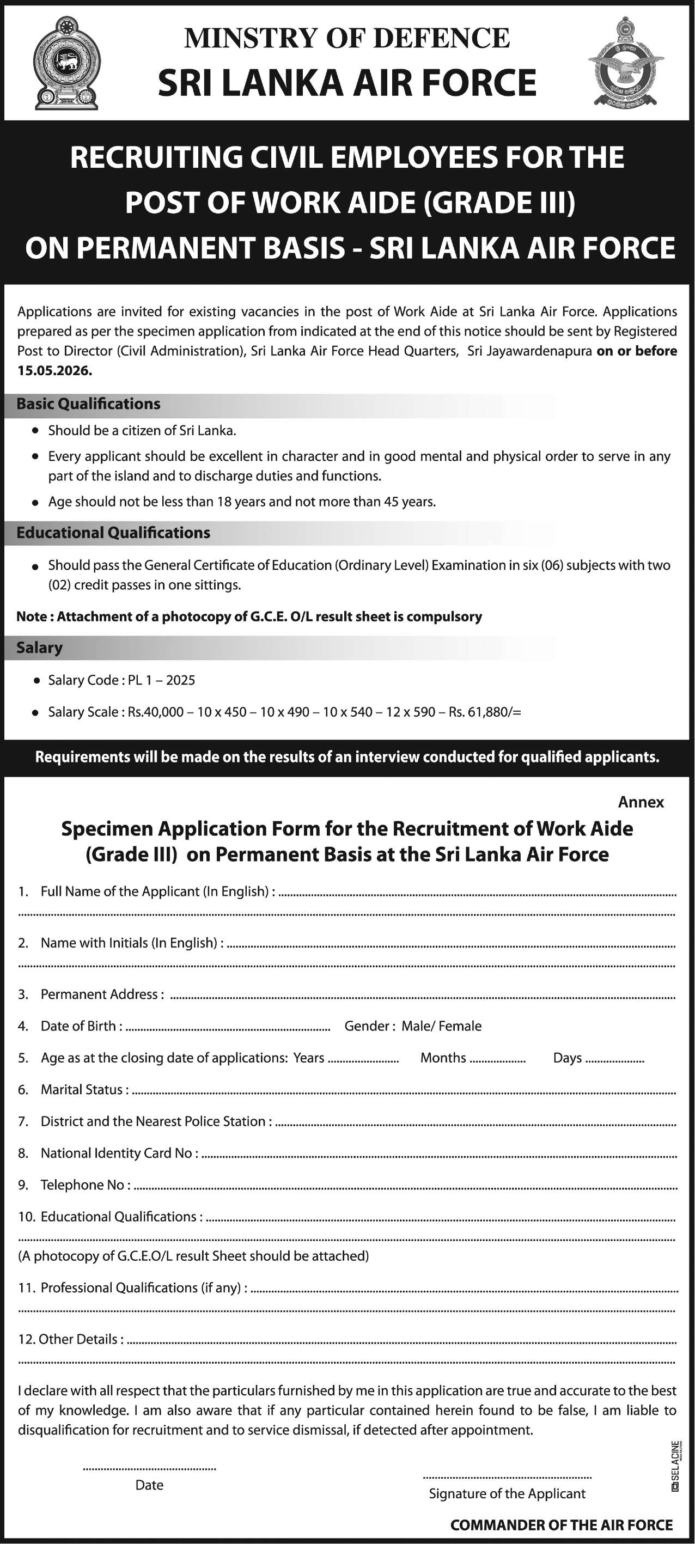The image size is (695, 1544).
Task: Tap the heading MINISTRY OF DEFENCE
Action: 346,38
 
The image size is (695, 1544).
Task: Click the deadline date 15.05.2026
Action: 54,370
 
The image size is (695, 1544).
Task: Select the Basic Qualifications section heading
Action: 88,404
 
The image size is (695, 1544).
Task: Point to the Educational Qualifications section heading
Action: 113,533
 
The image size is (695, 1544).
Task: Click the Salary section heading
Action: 39,648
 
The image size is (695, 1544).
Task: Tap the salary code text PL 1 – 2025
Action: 161,680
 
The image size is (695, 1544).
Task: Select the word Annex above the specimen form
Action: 641,802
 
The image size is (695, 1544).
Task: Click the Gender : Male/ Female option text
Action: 412,1026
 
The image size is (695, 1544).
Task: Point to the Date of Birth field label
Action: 81,1026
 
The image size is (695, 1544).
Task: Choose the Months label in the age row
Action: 443,1057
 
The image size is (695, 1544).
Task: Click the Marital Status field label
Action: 84,1089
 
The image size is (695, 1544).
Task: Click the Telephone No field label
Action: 84,1185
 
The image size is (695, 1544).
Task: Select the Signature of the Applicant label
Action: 507,1493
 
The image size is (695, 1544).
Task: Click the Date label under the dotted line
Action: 149,1484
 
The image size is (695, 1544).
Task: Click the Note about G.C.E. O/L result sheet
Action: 249,617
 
